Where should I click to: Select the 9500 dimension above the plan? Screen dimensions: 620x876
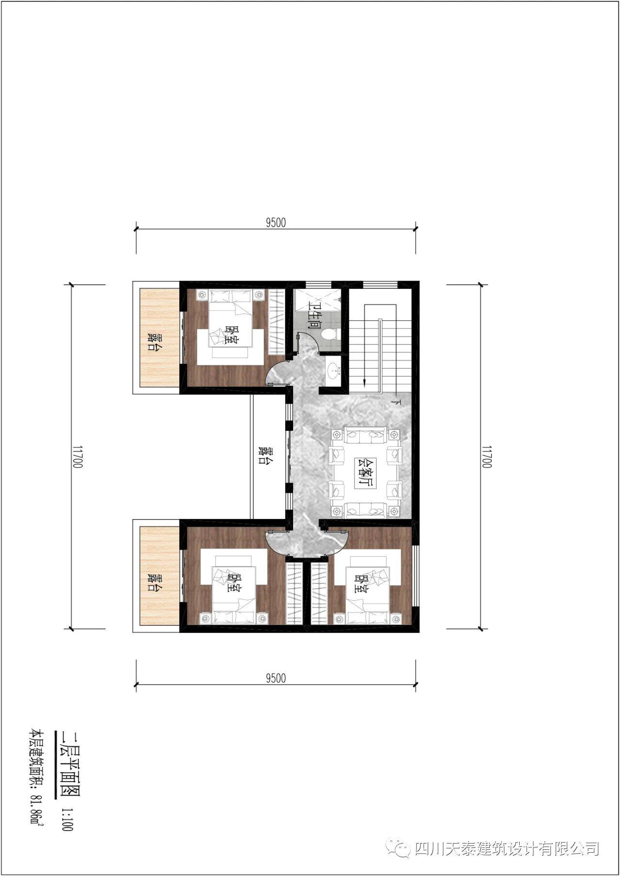[276, 222]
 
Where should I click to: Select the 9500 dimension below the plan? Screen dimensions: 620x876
[276, 678]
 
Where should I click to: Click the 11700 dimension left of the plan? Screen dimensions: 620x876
[77, 457]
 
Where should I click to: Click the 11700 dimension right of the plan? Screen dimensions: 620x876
[487, 457]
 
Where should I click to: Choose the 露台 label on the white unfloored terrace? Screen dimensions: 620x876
[264, 455]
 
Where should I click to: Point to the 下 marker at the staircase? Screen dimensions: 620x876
[398, 402]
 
